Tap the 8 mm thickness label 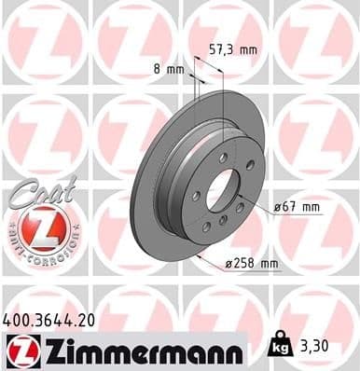point(167,68)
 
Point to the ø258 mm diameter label point(251,264)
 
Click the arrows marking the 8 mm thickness point(194,82)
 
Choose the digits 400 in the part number point(16,320)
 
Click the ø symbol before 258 point(229,265)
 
